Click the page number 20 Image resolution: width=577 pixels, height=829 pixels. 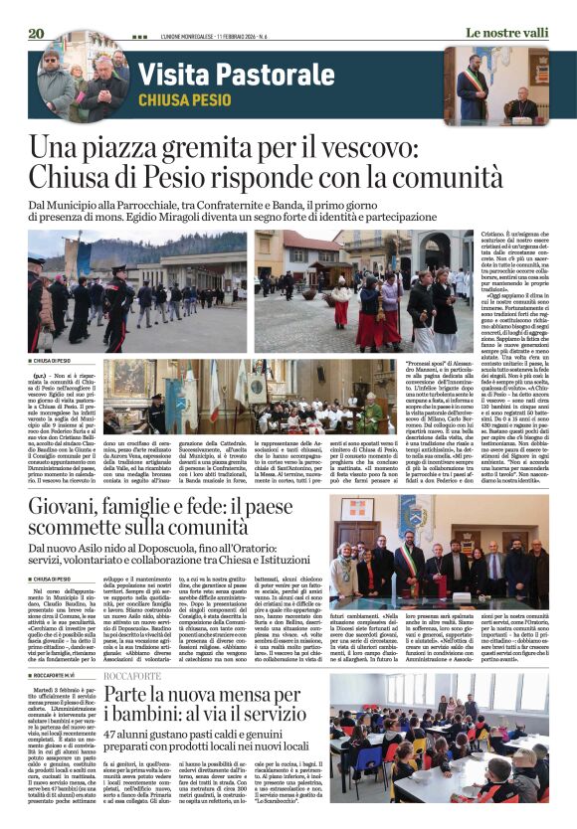click(x=37, y=33)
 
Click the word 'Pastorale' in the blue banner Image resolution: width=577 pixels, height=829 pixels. click(x=257, y=74)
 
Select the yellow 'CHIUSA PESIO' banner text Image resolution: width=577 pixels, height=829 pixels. click(x=185, y=100)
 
